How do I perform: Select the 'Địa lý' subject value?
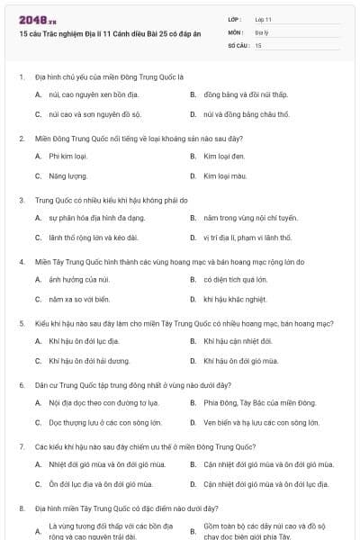pyautogui.click(x=262, y=31)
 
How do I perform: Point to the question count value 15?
pyautogui.click(x=258, y=44)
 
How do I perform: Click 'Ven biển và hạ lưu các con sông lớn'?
pyautogui.click(x=261, y=422)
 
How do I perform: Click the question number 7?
pyautogui.click(x=21, y=445)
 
